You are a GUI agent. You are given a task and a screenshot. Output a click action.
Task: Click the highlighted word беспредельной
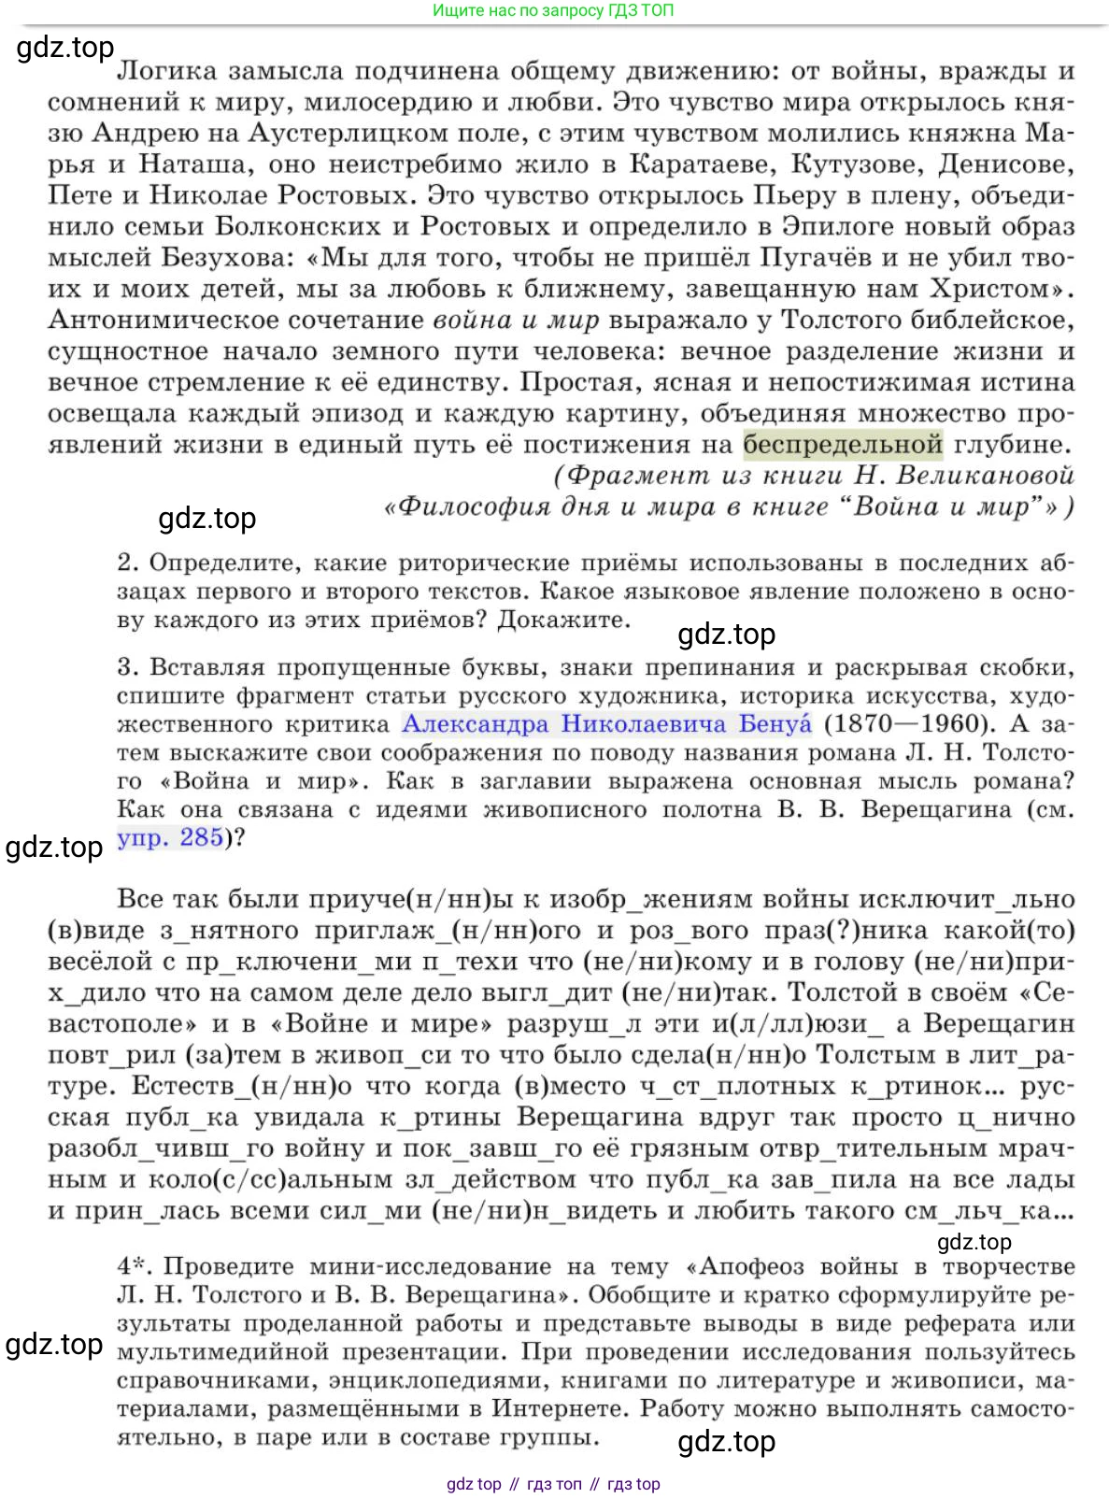pos(843,445)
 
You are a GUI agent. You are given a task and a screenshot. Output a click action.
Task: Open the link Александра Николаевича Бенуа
pos(606,724)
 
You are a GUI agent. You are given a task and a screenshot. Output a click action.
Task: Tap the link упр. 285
pos(170,837)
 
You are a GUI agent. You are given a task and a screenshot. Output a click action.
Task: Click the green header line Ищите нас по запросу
pos(552,11)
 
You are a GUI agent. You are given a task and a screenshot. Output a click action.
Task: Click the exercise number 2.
pos(128,564)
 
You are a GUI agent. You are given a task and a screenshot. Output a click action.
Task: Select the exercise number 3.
pos(128,668)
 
